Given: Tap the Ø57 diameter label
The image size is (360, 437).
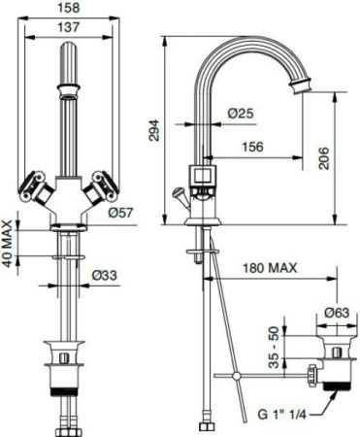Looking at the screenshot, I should coord(120,212).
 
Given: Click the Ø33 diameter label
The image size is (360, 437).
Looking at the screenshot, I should coord(106,277).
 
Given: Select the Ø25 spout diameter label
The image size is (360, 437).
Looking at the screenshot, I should coord(241,114).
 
